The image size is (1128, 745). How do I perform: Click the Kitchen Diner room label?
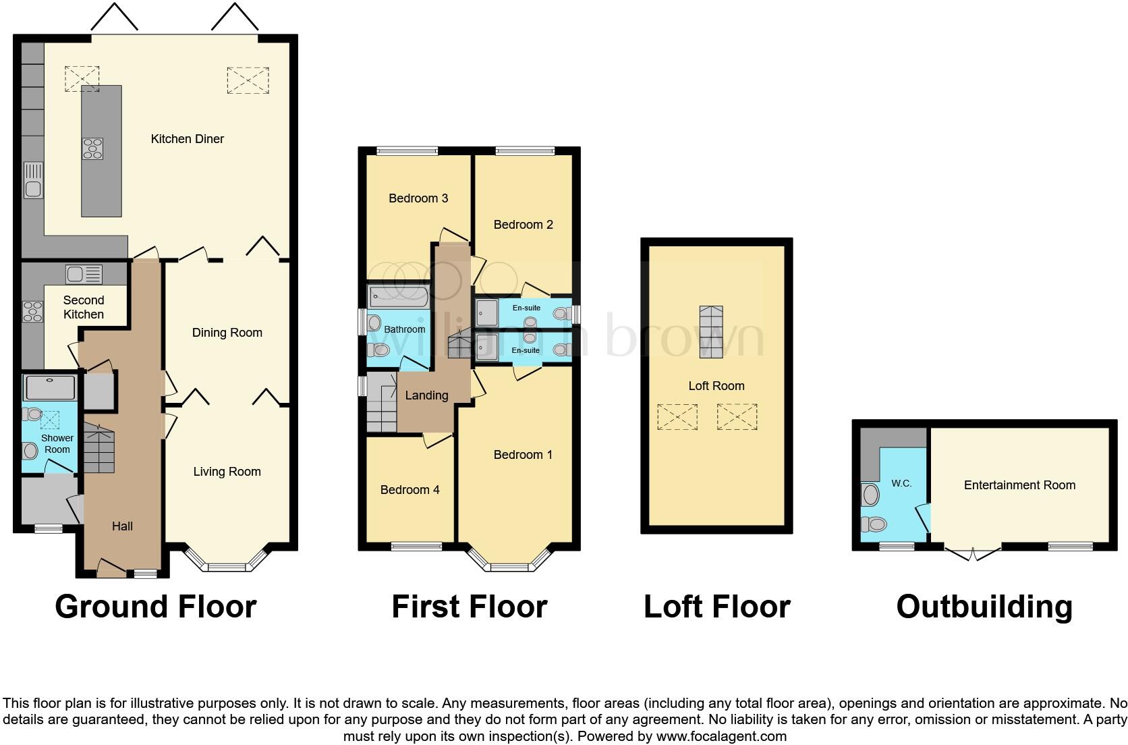[x=188, y=138]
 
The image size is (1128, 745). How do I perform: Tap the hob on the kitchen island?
[x=92, y=148]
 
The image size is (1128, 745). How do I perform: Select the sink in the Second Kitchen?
[x=84, y=275]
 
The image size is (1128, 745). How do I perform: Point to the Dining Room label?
[x=227, y=333]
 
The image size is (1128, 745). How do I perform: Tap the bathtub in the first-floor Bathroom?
[x=398, y=297]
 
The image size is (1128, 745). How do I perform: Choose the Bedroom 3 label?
[x=418, y=198]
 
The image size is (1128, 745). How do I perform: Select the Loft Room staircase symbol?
[x=711, y=332]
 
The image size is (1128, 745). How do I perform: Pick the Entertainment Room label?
[x=1020, y=485]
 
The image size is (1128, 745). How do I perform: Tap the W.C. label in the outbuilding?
[x=901, y=484]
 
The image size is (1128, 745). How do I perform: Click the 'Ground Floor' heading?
[x=156, y=607]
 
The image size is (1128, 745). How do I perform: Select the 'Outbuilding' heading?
[x=984, y=607]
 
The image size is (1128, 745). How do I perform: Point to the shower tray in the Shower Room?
[x=50, y=387]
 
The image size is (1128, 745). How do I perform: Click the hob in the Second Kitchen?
[x=33, y=311]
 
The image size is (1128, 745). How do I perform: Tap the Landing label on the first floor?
[x=426, y=395]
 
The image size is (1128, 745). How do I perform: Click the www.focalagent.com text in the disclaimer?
[x=721, y=736]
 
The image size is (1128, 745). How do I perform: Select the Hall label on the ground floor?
[x=122, y=526]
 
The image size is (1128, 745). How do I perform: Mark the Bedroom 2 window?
[x=526, y=150]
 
